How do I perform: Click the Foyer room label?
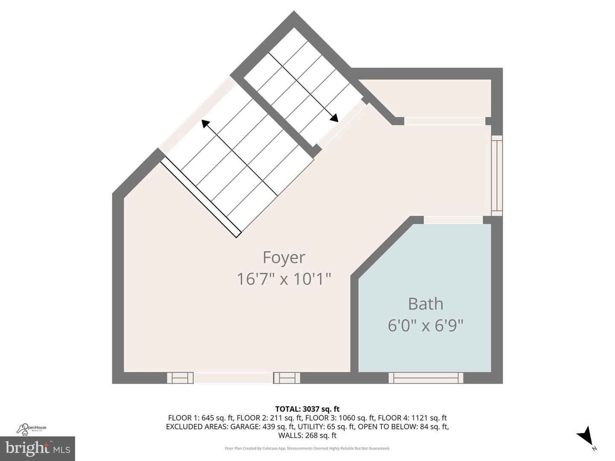(284, 257)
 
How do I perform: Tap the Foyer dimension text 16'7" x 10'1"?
(284, 279)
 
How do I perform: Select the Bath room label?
(425, 304)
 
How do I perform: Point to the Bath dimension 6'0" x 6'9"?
(425, 326)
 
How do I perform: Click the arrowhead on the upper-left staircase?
(206, 124)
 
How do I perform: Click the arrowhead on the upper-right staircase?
(334, 118)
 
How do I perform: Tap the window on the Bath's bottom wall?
(426, 378)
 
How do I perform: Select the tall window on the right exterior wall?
(497, 175)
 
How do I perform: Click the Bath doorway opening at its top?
(453, 220)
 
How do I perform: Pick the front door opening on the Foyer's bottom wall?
(233, 378)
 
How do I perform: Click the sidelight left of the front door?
(180, 378)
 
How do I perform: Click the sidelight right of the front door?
(287, 378)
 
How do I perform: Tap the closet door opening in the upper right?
(445, 121)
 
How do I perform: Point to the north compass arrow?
(585, 435)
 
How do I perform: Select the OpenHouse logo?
(32, 428)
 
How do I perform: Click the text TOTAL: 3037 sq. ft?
(307, 409)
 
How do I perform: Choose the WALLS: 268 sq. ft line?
(307, 435)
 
